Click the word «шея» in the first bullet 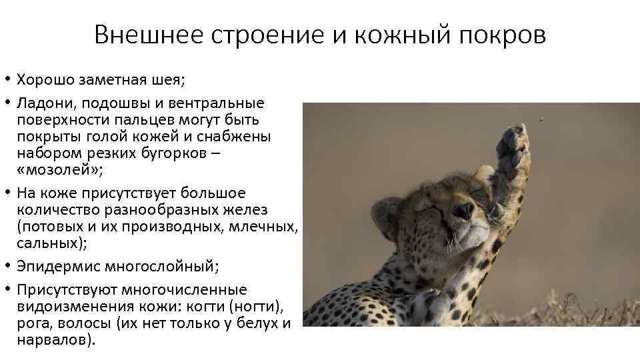169,81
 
